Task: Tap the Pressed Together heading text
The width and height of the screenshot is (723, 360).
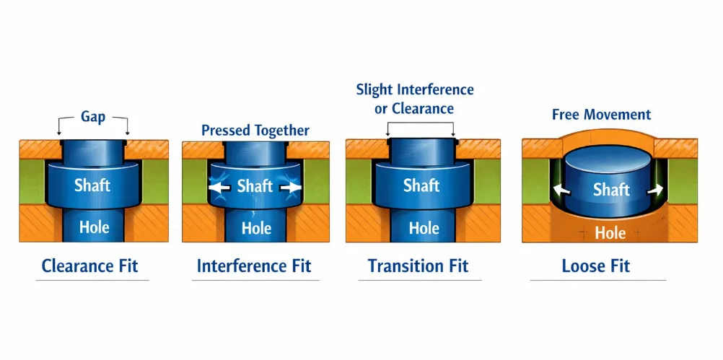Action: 255,131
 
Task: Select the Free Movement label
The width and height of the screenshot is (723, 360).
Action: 601,115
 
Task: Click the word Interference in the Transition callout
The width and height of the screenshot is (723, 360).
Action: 434,90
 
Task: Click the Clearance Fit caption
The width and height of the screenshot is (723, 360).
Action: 89,265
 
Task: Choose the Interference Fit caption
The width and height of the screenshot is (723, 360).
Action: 254,265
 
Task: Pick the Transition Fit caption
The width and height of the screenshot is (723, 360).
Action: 418,265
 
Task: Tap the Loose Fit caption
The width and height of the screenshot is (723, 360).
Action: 595,265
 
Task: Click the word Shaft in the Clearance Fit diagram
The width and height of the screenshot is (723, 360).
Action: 92,185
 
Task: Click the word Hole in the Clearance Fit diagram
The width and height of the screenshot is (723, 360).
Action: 94,227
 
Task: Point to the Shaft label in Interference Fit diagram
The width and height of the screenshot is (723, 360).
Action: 255,186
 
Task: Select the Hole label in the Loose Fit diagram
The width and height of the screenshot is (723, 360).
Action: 610,232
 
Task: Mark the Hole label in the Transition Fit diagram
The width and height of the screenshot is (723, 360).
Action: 424,228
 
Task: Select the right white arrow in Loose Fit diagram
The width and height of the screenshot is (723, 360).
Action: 655,191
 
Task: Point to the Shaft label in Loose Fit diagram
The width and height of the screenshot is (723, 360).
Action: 611,190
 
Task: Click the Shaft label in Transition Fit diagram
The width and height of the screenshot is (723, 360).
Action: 421,185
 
